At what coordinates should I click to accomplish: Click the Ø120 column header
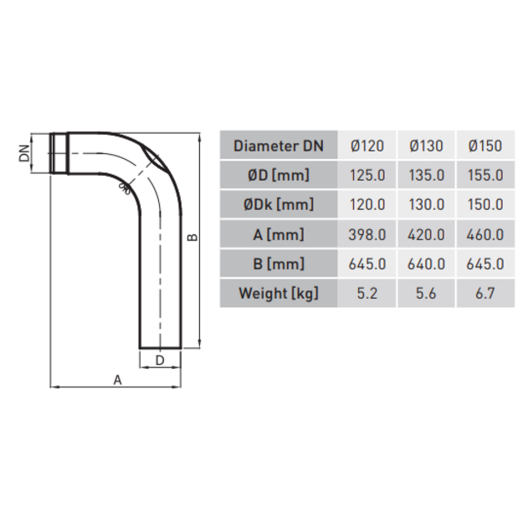pos(367,146)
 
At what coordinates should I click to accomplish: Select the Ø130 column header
pos(426,146)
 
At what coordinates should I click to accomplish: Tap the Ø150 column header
pos(485,146)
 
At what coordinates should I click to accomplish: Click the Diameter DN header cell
pos(279,146)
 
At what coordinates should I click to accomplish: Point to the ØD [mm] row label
pos(279,175)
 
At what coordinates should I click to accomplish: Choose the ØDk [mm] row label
pos(279,204)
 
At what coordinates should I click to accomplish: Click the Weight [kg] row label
pos(279,294)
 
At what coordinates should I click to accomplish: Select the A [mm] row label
pos(279,234)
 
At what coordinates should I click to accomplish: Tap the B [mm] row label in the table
pos(279,264)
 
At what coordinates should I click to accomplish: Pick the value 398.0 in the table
pos(367,235)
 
